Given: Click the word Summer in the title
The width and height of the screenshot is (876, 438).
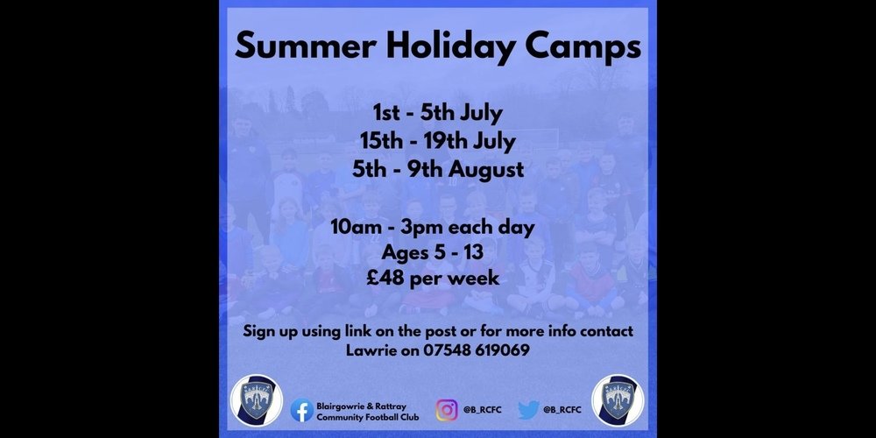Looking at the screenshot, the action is (x=306, y=47).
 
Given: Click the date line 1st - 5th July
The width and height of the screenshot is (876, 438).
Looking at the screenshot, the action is (x=438, y=113).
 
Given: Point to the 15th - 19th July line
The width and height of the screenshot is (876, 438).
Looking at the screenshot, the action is (x=437, y=141).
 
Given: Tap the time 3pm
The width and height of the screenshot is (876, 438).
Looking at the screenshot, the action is (x=427, y=229).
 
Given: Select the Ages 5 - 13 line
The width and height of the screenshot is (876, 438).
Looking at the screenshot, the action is (x=432, y=252).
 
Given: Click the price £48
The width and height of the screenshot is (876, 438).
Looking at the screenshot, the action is (x=385, y=278).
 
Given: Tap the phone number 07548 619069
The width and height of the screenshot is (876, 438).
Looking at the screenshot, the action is (x=477, y=351).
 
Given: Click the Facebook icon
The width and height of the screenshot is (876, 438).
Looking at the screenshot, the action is (x=301, y=410).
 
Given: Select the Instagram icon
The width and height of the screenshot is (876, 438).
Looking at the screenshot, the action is (x=447, y=410).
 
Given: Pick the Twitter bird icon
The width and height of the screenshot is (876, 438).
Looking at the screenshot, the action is (x=528, y=410).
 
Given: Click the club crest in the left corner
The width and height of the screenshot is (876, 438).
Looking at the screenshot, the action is (x=257, y=400).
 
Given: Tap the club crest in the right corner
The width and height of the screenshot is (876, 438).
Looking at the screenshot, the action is (x=618, y=400).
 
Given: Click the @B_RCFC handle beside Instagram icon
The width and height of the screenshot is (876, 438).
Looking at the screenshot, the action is (x=482, y=410).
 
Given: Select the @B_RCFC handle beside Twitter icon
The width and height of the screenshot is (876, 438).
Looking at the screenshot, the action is (x=562, y=410).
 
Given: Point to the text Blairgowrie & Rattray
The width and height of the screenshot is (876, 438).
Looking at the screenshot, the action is (x=362, y=406).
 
